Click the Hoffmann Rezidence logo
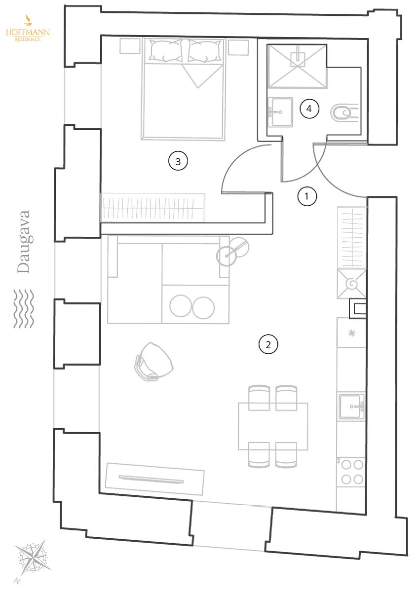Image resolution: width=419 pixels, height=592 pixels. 28,28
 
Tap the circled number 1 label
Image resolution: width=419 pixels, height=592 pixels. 306,196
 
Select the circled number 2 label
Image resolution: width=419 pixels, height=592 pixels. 268,345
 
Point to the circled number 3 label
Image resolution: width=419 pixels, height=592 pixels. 178,161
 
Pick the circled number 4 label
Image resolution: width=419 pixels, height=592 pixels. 309,109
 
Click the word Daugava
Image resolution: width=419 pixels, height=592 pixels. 24,242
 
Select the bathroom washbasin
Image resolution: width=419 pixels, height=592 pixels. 280,112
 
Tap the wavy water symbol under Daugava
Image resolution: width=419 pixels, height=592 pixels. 24,308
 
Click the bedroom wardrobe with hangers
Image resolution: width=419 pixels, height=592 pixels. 153,208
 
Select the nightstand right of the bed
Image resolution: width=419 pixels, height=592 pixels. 238,47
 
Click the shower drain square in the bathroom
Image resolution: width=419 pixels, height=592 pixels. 298,59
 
